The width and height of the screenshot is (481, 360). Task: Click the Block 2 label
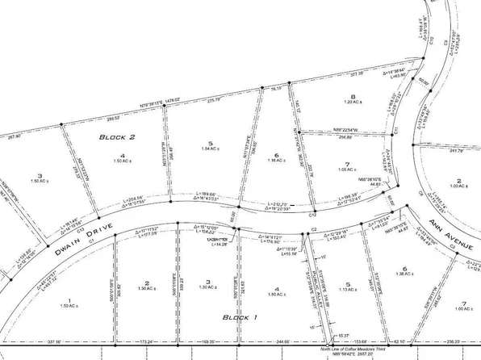click(x=116, y=138)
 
